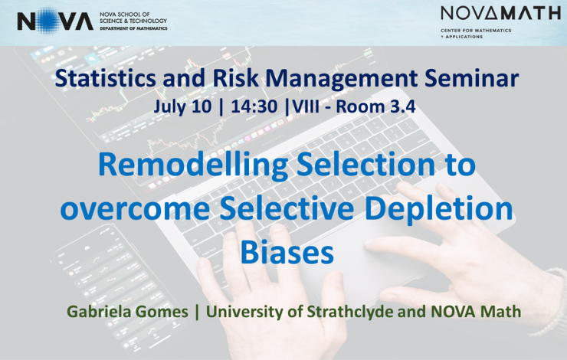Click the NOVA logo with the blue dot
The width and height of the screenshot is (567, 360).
point(55,21)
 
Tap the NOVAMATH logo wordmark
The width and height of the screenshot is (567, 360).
point(500,13)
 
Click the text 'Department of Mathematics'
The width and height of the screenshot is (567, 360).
point(133,28)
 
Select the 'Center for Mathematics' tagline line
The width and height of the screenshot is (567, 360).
point(476,31)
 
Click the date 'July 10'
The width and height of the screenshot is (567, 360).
point(182,106)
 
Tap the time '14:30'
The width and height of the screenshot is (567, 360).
point(254,106)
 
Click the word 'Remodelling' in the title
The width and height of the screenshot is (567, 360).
point(193,165)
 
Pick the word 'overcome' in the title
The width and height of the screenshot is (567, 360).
point(135,208)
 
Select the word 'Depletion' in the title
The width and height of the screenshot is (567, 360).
point(438,208)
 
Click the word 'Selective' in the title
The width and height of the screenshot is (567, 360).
point(287,208)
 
